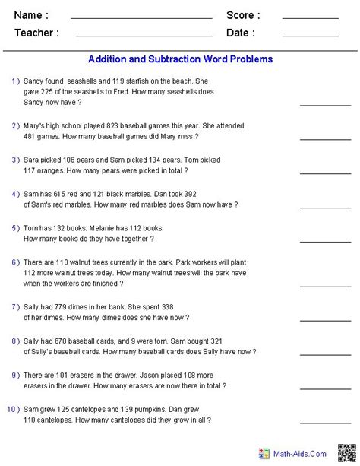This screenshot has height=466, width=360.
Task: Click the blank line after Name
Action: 141,18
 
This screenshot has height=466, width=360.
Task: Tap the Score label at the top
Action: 243,15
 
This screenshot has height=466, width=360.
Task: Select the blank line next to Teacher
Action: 144,36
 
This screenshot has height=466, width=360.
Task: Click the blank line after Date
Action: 310,36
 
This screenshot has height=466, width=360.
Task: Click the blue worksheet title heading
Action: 180,59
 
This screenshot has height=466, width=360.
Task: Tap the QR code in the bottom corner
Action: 346,453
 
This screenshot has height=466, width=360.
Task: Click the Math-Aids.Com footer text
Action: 302,454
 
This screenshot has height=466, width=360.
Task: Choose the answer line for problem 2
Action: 320,138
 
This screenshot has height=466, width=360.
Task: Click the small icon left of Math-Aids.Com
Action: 265,453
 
